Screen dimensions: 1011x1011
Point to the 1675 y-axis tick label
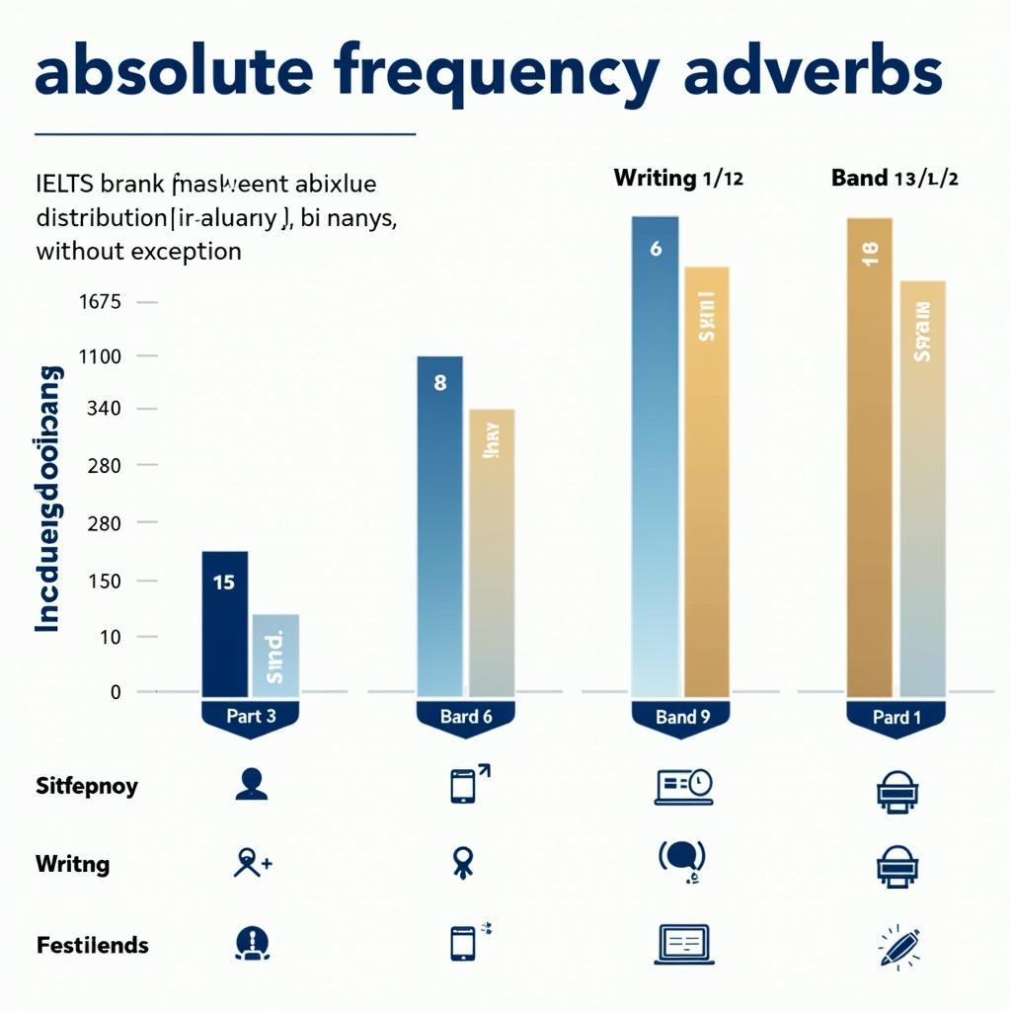(99, 301)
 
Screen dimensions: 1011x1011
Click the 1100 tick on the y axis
(99, 356)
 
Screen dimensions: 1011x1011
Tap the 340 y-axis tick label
(103, 409)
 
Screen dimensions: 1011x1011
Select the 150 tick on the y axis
(103, 581)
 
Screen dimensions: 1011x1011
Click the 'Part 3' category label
(251, 717)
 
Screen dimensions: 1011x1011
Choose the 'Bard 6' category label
(466, 718)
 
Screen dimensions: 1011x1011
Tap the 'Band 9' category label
(682, 718)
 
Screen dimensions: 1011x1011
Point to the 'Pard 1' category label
(896, 718)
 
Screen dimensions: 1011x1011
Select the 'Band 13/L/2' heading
(895, 179)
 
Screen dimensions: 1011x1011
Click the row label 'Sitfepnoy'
(87, 787)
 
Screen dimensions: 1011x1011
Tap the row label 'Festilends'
(93, 945)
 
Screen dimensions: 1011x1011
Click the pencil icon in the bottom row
(898, 945)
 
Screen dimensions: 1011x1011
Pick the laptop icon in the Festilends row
(682, 944)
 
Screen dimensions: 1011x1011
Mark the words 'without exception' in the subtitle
(138, 251)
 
